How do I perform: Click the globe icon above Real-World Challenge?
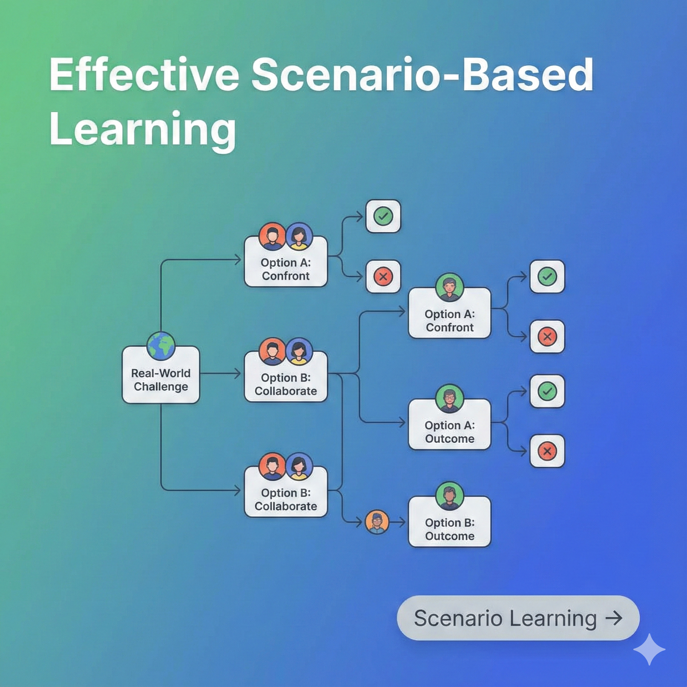tap(161, 346)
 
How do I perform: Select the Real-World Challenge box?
tap(161, 375)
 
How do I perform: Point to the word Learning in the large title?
tap(143, 130)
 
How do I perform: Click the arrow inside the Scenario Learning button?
tap(614, 618)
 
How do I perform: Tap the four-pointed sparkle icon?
tap(649, 649)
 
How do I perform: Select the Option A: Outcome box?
tap(450, 425)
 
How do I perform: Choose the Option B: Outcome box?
tap(450, 522)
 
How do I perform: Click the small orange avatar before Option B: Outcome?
tap(377, 522)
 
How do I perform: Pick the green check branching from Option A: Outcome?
tap(547, 391)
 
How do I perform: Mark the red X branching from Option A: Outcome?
tap(547, 451)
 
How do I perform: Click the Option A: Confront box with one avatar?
tap(450, 313)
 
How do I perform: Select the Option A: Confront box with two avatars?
tap(286, 261)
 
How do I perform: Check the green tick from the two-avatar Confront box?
tap(383, 216)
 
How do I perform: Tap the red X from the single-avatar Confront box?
tap(547, 337)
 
